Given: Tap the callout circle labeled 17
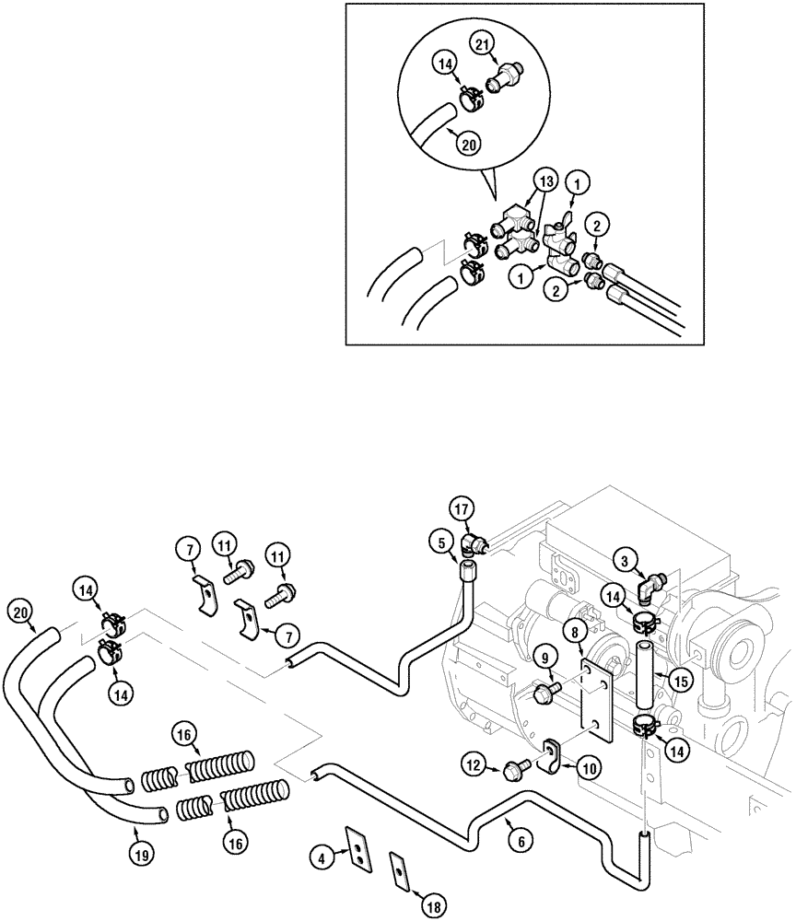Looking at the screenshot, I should [461, 507].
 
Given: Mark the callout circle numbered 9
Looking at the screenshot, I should [544, 659].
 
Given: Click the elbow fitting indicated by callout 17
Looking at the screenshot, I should [475, 543].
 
